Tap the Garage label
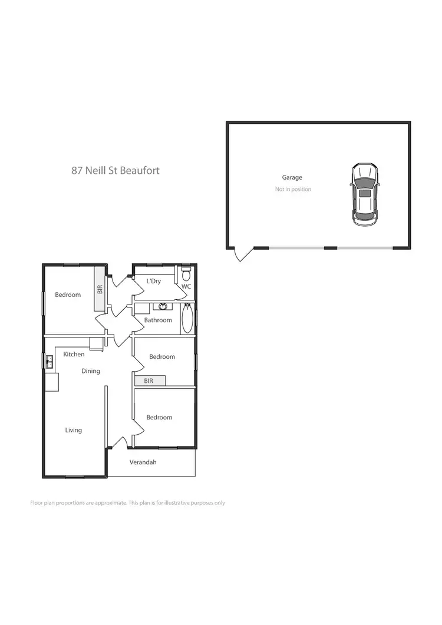pos(292,177)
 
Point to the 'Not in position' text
pos(293,189)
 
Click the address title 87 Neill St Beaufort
pos(116,171)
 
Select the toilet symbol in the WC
pos(186,274)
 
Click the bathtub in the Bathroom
pos(187,319)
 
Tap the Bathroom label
pos(159,320)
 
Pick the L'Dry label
pos(153,282)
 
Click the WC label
pos(186,287)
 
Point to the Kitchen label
pos(74,355)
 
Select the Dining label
pos(91,371)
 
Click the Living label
pos(74,431)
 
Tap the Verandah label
pos(143,462)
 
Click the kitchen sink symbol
pos(50,362)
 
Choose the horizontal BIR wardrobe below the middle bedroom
pos(150,381)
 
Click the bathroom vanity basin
pos(163,306)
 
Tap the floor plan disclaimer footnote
pos(127,503)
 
